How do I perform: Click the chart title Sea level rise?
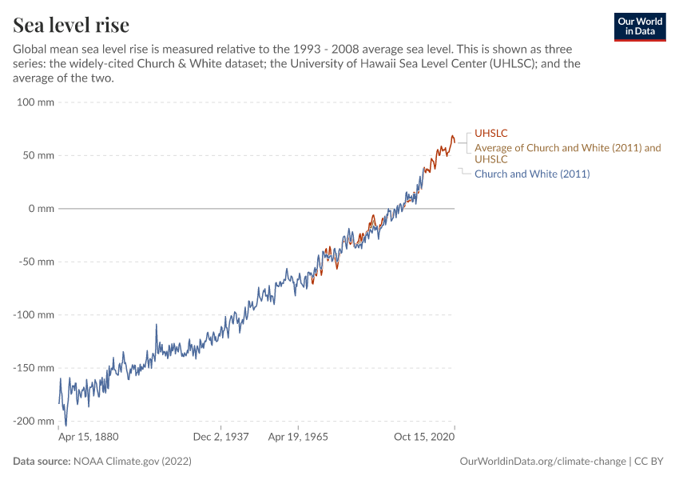pyautogui.click(x=71, y=25)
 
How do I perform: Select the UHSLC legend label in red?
pyautogui.click(x=491, y=133)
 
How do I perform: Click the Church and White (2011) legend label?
pyautogui.click(x=532, y=174)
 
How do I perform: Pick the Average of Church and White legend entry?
pyautogui.click(x=567, y=153)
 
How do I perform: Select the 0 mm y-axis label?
pyautogui.click(x=41, y=209)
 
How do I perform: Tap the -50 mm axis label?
pyautogui.click(x=36, y=262)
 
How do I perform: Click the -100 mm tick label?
pyautogui.click(x=34, y=314)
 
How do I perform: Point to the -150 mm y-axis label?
pyautogui.click(x=34, y=368)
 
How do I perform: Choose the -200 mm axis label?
pyautogui.click(x=34, y=421)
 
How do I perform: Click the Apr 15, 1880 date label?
pyautogui.click(x=89, y=438)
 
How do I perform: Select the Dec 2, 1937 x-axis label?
pyautogui.click(x=221, y=438)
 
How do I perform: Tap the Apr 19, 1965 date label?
pyautogui.click(x=297, y=438)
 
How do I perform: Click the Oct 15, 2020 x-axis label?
pyautogui.click(x=425, y=438)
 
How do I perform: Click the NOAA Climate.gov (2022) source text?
pyautogui.click(x=132, y=462)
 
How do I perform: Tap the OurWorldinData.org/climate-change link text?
pyautogui.click(x=543, y=462)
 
